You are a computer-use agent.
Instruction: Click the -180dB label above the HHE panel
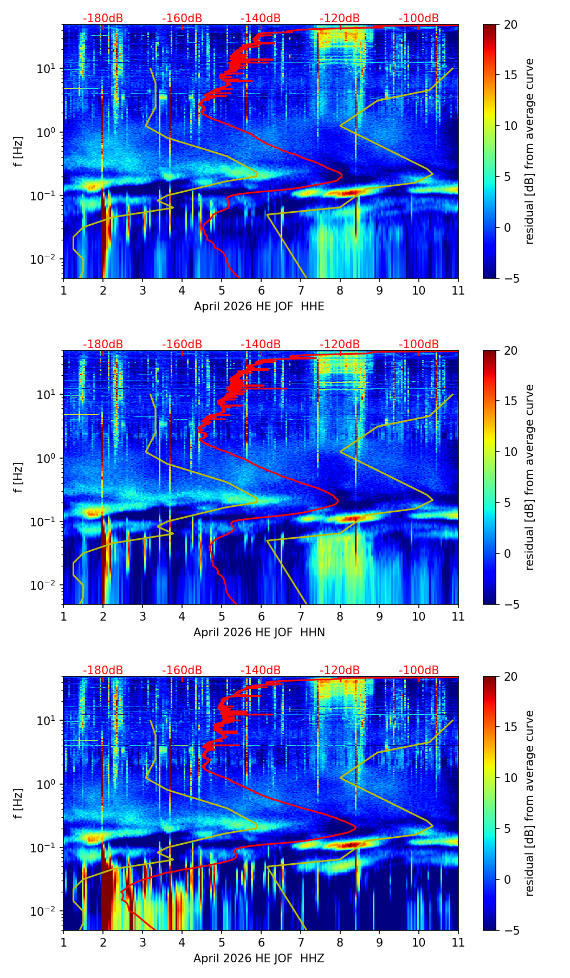click(103, 18)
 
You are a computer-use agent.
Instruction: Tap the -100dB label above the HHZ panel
click(419, 670)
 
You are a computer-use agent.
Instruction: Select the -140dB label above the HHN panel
click(261, 344)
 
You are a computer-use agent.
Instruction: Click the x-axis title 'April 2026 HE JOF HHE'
click(259, 307)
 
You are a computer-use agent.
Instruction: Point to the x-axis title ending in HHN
click(259, 633)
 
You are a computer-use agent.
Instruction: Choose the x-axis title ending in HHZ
click(259, 959)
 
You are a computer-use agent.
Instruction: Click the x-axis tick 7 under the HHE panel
click(300, 290)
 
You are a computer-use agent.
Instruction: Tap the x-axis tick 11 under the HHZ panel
click(458, 942)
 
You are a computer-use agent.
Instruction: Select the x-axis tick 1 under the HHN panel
click(63, 616)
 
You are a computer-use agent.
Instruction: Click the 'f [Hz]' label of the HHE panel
click(18, 152)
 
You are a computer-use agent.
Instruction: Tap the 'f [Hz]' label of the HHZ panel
click(18, 804)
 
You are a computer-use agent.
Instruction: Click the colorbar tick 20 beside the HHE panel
click(510, 25)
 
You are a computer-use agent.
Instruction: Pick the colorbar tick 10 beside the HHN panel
click(510, 452)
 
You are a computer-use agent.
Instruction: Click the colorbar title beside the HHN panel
click(529, 477)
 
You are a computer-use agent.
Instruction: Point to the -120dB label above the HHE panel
click(340, 18)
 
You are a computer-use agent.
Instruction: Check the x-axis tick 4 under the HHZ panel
click(182, 942)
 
